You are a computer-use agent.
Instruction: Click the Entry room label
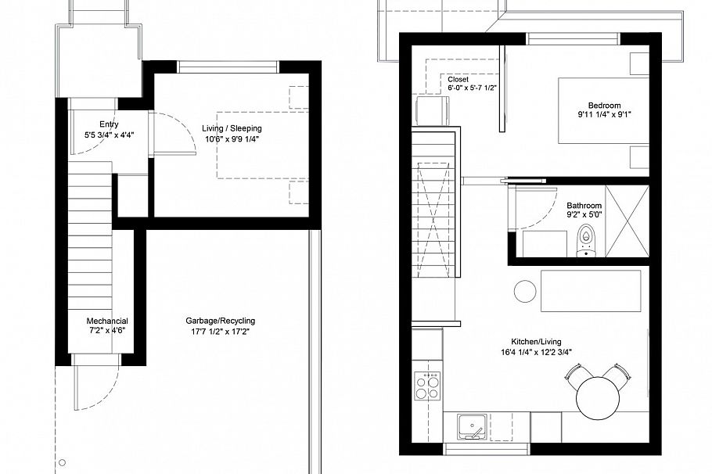tap(109, 124)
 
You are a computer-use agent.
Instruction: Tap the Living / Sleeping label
tap(232, 128)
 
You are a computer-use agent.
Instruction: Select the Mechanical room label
tap(107, 321)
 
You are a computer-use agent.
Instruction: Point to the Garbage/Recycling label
tap(220, 321)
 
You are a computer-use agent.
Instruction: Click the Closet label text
tap(458, 80)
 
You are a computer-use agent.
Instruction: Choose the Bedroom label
tap(604, 106)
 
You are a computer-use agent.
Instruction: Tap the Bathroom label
tap(584, 205)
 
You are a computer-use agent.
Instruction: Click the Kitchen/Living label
tap(536, 342)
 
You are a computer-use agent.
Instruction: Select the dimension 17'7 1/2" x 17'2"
tap(220, 332)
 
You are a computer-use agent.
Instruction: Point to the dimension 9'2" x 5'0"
tap(584, 215)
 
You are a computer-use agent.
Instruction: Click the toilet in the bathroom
tap(587, 241)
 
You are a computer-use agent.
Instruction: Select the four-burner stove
tap(427, 386)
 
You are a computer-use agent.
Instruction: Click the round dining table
tap(599, 398)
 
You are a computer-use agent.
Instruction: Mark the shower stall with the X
tap(627, 221)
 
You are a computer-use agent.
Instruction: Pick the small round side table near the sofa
tap(525, 290)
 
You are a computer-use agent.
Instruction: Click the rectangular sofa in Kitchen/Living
tap(591, 291)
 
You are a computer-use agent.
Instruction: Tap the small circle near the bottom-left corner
tap(63, 462)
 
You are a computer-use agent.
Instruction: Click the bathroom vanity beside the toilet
tap(545, 244)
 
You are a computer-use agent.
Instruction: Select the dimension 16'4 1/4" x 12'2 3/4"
tap(536, 352)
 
